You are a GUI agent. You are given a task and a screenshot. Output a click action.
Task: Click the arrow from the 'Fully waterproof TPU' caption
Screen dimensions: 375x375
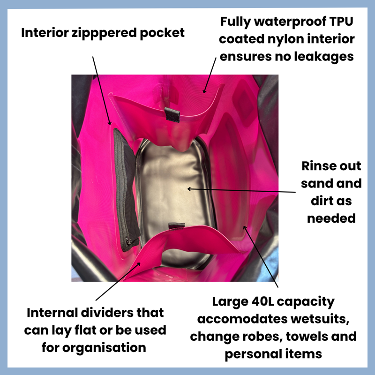click(210, 75)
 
